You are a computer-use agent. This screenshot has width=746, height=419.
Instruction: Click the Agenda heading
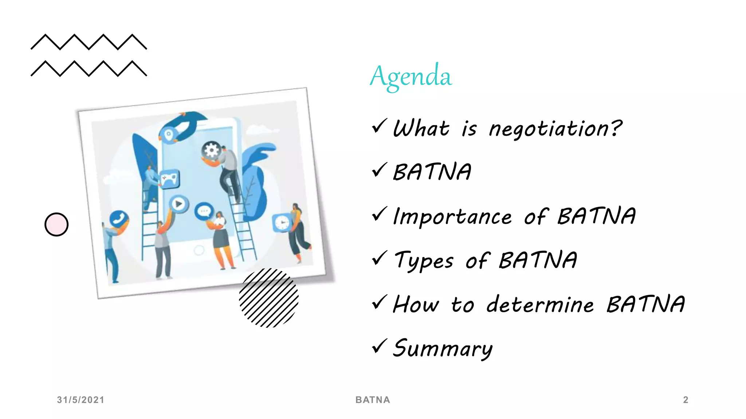(411, 76)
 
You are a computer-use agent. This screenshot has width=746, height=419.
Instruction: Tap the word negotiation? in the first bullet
(555, 129)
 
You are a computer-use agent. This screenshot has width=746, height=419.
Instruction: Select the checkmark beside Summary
(379, 346)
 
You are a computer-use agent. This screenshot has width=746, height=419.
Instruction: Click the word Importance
(453, 217)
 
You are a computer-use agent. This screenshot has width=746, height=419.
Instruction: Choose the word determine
(540, 305)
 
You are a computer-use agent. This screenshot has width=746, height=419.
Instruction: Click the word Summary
(443, 348)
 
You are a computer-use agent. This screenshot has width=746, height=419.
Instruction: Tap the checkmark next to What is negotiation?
(379, 126)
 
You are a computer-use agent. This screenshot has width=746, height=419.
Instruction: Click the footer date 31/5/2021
(81, 400)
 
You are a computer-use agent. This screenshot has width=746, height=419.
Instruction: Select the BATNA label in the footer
(373, 400)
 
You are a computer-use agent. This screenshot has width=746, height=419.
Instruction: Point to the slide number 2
(686, 400)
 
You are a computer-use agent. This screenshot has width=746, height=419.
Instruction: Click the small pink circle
(56, 224)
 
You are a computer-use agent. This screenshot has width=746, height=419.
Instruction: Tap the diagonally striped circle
(269, 298)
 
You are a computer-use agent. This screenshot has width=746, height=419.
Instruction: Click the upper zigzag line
(89, 42)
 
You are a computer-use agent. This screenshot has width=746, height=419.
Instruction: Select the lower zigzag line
(89, 68)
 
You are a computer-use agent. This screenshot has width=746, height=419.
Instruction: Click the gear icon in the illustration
(211, 150)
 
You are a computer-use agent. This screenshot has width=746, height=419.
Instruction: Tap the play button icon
(178, 204)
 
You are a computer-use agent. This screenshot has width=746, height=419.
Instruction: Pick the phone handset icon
(119, 219)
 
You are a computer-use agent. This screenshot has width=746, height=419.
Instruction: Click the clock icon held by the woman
(282, 223)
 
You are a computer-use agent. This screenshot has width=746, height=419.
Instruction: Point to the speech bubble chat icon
(204, 211)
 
